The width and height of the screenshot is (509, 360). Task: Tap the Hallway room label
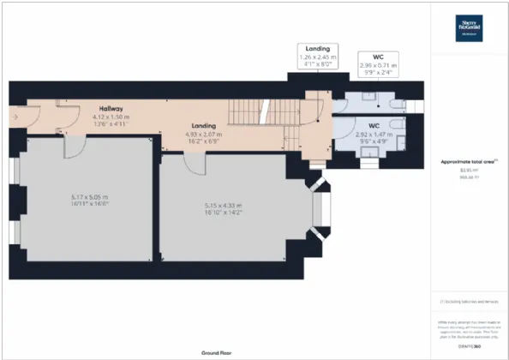111,109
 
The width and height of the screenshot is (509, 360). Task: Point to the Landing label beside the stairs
203,126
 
